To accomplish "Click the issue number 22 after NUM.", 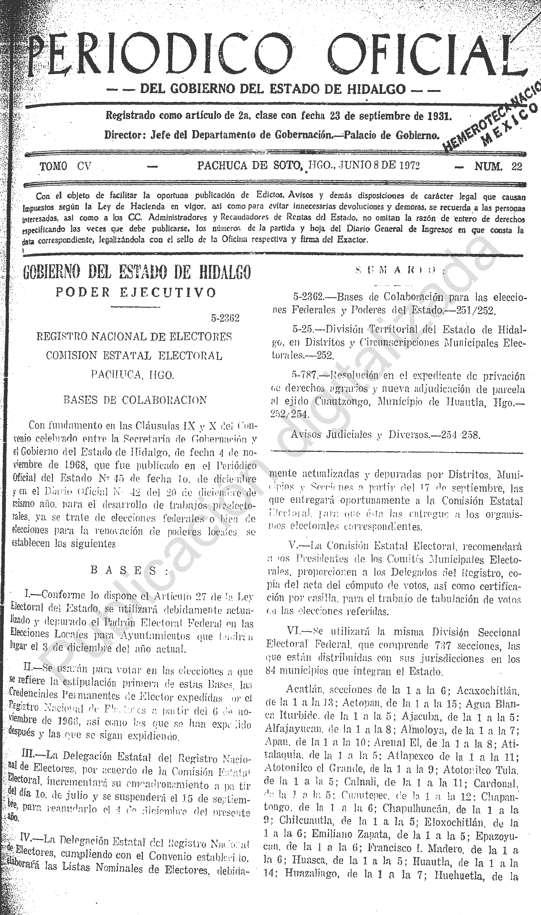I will [517, 167].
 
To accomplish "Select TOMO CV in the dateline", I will [65, 167].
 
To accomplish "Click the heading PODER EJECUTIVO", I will [136, 293].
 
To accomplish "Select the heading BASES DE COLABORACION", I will [135, 400].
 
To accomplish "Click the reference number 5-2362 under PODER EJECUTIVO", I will [225, 318].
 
